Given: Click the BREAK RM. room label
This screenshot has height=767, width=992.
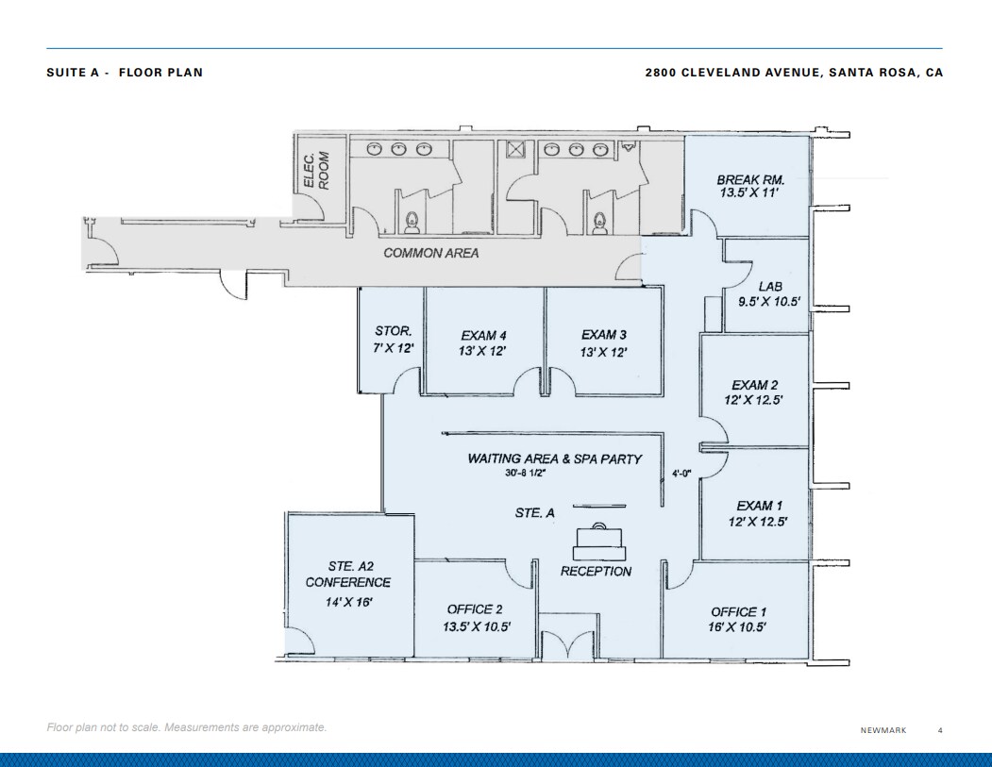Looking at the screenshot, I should (750, 179).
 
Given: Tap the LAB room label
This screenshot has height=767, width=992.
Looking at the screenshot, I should (768, 287).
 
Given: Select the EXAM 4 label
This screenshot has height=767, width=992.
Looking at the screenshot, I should (484, 335).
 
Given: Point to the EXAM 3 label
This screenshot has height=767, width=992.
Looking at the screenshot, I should (604, 335).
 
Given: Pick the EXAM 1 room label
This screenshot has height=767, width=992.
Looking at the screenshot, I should (760, 506).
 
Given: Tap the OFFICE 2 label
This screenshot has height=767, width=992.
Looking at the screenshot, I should (477, 609).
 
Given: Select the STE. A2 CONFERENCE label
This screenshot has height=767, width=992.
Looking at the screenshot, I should (347, 575).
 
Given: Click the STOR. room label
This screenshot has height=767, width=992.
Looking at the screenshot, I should (394, 331).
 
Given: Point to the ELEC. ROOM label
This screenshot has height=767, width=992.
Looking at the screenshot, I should (316, 171).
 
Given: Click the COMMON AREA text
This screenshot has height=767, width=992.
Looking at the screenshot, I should (430, 253).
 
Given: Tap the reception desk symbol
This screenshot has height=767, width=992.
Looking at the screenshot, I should (601, 538).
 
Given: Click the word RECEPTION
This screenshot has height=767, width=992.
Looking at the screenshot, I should (596, 571).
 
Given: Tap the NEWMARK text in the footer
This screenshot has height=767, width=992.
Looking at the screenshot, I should (883, 730).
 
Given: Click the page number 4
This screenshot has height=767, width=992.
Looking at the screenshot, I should (939, 730).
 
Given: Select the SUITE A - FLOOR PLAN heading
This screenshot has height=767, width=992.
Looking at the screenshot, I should (125, 73).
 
